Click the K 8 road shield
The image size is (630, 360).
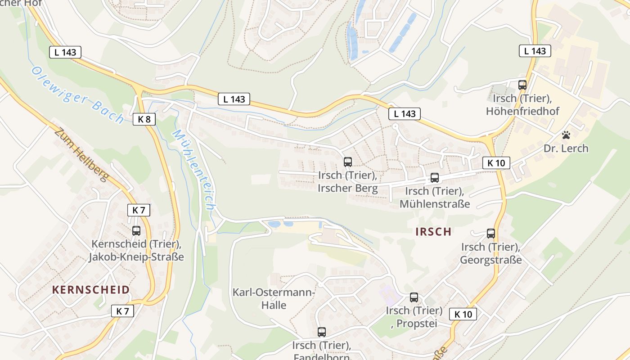tap(144, 119)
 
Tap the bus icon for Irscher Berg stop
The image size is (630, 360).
tap(348, 162)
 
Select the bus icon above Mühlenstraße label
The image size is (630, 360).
tap(434, 178)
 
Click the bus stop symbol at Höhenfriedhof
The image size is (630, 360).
tap(522, 85)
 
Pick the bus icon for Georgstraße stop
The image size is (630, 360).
tap(490, 234)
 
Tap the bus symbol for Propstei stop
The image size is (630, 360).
tap(414, 297)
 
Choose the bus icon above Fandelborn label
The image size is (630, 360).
tap(321, 332)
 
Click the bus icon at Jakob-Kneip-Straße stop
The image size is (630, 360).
tap(136, 231)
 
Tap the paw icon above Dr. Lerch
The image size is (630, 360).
tap(566, 135)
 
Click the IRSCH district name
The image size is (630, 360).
tap(433, 232)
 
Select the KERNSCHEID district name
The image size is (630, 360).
tap(91, 290)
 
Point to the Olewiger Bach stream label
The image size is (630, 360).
tap(78, 95)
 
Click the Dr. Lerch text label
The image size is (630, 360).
tap(566, 148)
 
